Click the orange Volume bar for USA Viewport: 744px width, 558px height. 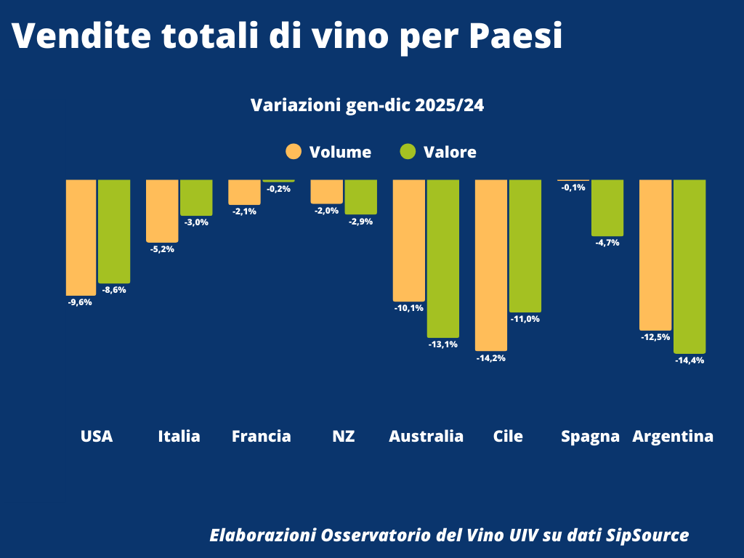click(81, 237)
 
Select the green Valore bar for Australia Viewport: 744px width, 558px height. click(442, 258)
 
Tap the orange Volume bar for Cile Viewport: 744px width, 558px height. click(491, 264)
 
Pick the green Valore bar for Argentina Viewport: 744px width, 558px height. click(690, 266)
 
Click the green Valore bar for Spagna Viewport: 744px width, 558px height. click(607, 207)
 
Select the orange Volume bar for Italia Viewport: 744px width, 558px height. click(162, 210)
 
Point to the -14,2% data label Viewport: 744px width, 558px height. click(491, 358)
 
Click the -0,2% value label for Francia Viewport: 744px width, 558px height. click(279, 189)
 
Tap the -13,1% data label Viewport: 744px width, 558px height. click(443, 344)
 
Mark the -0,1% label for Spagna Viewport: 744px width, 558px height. click(573, 187)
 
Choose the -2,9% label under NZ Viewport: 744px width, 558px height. click(361, 221)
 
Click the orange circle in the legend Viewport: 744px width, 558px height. click(294, 152)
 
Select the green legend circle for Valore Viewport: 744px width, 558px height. click(408, 152)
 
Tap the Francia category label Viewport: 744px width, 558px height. click(261, 437)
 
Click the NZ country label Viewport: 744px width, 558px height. click(343, 437)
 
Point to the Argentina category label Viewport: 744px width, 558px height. click(673, 437)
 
